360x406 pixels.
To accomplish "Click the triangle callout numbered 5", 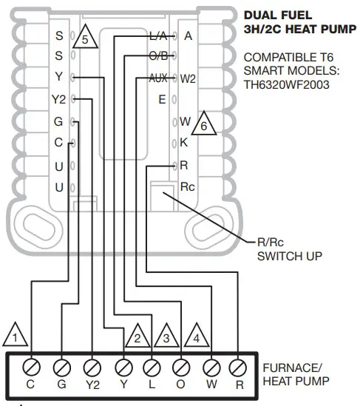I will coord(86,41).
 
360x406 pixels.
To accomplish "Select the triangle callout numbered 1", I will coord(16,337).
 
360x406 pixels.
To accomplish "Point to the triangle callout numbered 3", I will coord(166,337).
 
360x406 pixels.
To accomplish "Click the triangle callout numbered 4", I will coord(197,337).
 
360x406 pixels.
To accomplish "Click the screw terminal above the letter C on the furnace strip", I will coord(30,365).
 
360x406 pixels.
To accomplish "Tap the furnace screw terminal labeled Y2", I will coord(91,365).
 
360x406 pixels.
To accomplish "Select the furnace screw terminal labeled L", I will coord(151,365).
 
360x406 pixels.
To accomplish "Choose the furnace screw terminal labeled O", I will coord(181,365).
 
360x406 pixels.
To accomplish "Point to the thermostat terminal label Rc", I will coord(189,187).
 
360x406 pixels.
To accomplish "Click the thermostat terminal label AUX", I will coord(158,78).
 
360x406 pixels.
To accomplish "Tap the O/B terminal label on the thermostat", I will coord(158,56).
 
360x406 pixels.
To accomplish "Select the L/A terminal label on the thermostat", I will coord(158,35).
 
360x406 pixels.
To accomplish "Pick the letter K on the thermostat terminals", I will coord(185,143).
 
